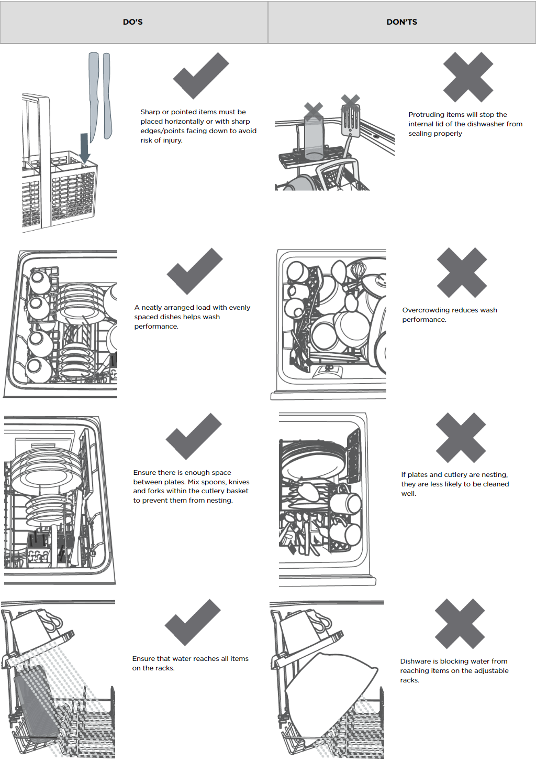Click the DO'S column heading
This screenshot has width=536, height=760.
coord(133,22)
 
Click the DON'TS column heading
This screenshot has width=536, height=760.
coord(402,22)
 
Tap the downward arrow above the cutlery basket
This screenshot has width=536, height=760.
coord(84,148)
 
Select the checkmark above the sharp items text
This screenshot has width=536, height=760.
coord(201,75)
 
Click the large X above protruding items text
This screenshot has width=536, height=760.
coord(468,77)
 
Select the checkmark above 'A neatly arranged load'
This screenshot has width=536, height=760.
coord(195,271)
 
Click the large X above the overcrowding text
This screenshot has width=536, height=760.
coord(462,273)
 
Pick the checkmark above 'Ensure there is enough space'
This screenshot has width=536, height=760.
coord(194,436)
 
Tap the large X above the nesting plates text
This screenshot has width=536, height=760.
coord(461,438)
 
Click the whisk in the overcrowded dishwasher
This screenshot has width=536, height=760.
coord(359,271)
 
